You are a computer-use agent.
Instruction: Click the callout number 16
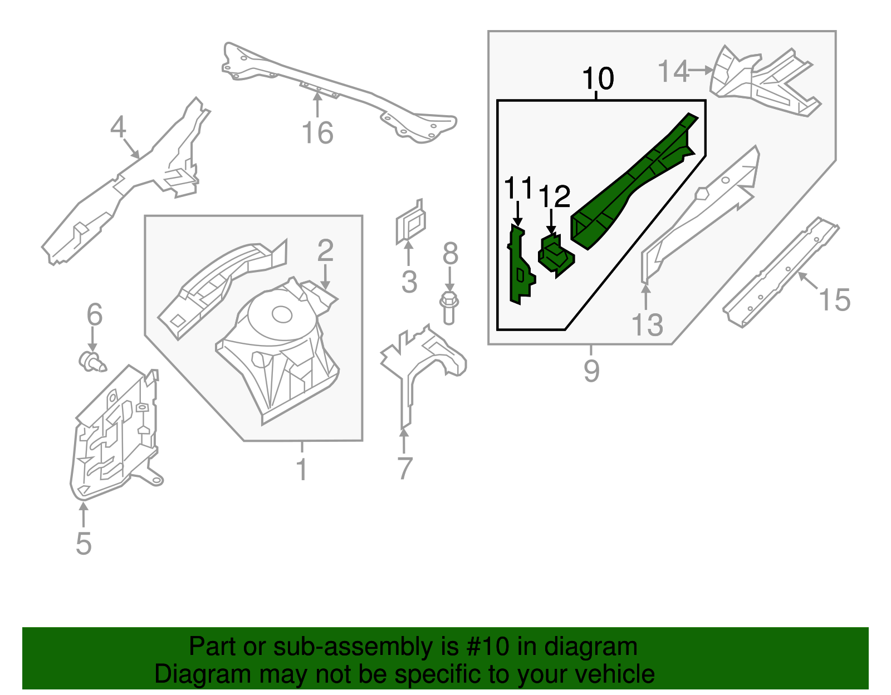317,134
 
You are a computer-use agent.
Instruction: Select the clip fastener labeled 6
91,362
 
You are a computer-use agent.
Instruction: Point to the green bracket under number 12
555,255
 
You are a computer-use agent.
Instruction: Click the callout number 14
673,72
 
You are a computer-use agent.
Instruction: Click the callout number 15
835,300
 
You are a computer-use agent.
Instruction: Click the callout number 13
648,325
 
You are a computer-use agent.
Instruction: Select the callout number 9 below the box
591,371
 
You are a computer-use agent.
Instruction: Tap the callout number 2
325,251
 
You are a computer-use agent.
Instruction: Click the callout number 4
118,127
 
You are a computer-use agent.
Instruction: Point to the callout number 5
84,543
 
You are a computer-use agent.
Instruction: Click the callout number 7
405,469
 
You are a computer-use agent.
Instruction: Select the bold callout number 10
598,78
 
